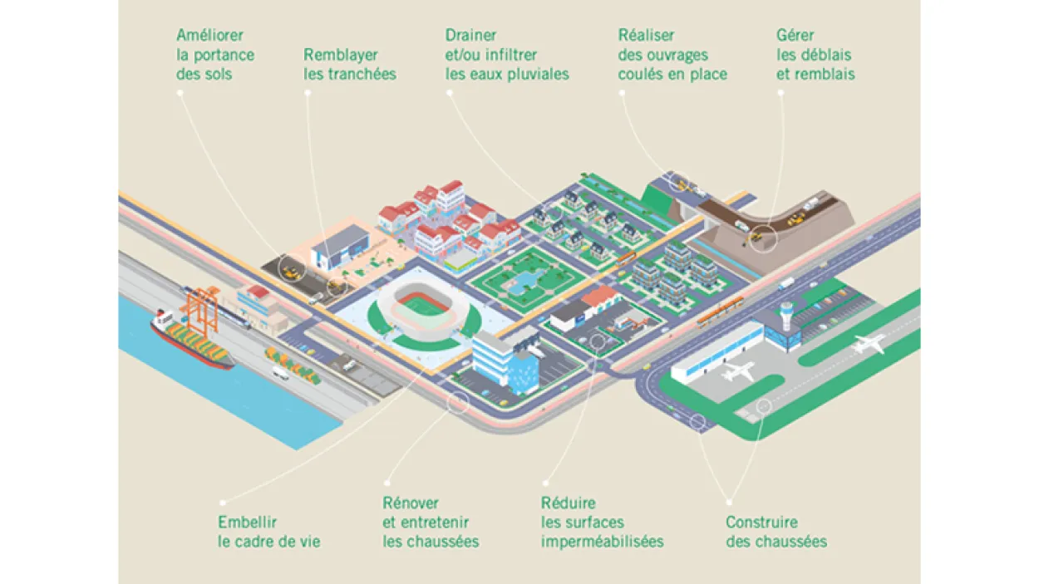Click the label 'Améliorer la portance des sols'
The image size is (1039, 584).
pyautogui.click(x=214, y=55)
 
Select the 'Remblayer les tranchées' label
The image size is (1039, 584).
pyautogui.click(x=349, y=65)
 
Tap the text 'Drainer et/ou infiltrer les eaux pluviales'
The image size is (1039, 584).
pyautogui.click(x=506, y=55)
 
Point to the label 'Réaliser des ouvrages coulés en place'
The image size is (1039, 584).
pyautogui.click(x=672, y=55)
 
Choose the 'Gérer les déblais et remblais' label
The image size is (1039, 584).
pyautogui.click(x=815, y=55)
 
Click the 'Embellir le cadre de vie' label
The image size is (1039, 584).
pyautogui.click(x=268, y=532)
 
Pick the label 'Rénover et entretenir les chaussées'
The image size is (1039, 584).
pyautogui.click(x=431, y=523)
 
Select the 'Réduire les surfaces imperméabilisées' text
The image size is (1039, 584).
pyautogui.click(x=602, y=523)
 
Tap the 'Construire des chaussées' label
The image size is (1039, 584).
pyautogui.click(x=776, y=532)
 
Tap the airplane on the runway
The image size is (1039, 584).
pyautogui.click(x=868, y=342)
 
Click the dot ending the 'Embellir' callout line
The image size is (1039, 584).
pyautogui.click(x=222, y=502)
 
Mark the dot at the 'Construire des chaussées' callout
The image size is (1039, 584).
pyautogui.click(x=729, y=502)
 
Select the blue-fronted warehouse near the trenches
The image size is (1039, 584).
pyautogui.click(x=342, y=250)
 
